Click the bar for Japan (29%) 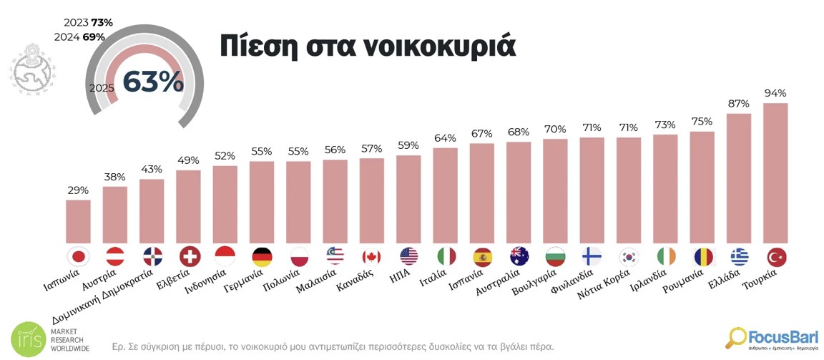coord(78,221)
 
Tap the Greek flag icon coord(740,256)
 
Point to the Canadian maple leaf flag coord(371,256)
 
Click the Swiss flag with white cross coord(188,256)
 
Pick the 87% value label coord(739,103)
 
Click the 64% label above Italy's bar coord(445,137)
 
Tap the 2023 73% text coord(88,23)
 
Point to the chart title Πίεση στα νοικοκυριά coord(367,45)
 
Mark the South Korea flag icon coord(629,256)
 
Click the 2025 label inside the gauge coord(102,87)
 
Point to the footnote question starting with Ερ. coord(333,346)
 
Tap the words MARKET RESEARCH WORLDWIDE coord(69,339)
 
